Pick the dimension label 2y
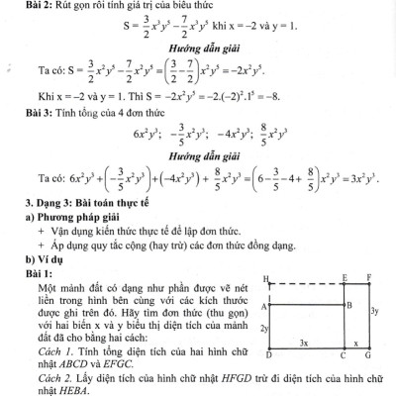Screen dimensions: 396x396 (x=263, y=327)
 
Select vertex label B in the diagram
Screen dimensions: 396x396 (x=348, y=306)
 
